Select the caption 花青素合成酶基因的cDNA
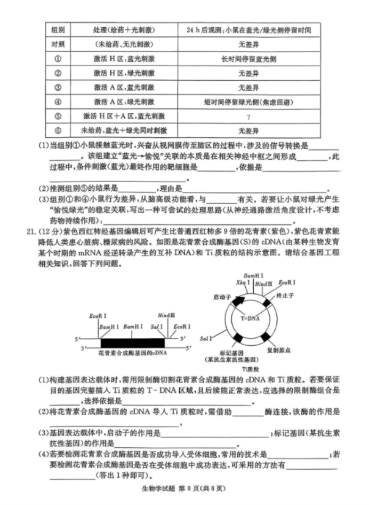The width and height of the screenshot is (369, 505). pyautogui.click(x=133, y=353)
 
